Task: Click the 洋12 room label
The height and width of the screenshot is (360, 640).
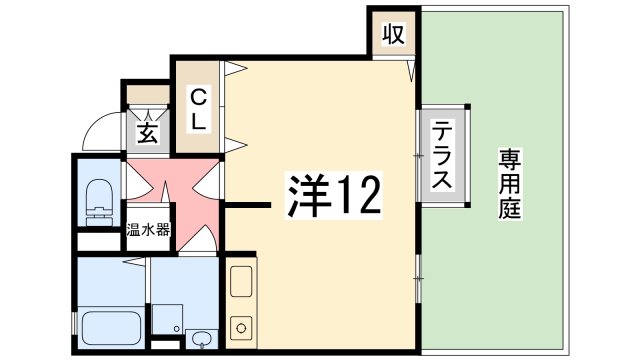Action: (334, 195)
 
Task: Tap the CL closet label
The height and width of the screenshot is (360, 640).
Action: (198, 109)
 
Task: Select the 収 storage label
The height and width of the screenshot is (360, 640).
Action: (393, 34)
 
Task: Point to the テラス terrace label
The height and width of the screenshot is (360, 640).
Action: (442, 155)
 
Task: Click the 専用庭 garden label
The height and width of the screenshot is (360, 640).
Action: (510, 184)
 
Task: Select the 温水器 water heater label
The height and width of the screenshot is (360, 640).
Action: (148, 230)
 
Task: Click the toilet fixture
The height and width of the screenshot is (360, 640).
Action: (100, 202)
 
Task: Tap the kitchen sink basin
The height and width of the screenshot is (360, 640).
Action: (241, 281)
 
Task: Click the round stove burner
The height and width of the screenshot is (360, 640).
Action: (241, 328)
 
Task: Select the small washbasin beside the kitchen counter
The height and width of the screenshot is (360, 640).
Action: (201, 338)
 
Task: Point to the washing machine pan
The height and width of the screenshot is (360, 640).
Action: (167, 319)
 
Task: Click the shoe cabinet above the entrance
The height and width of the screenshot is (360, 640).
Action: (148, 94)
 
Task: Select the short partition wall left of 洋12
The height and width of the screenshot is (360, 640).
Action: (248, 205)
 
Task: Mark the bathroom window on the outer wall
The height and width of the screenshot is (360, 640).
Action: (74, 323)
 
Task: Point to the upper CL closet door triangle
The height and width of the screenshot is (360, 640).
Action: (236, 68)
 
